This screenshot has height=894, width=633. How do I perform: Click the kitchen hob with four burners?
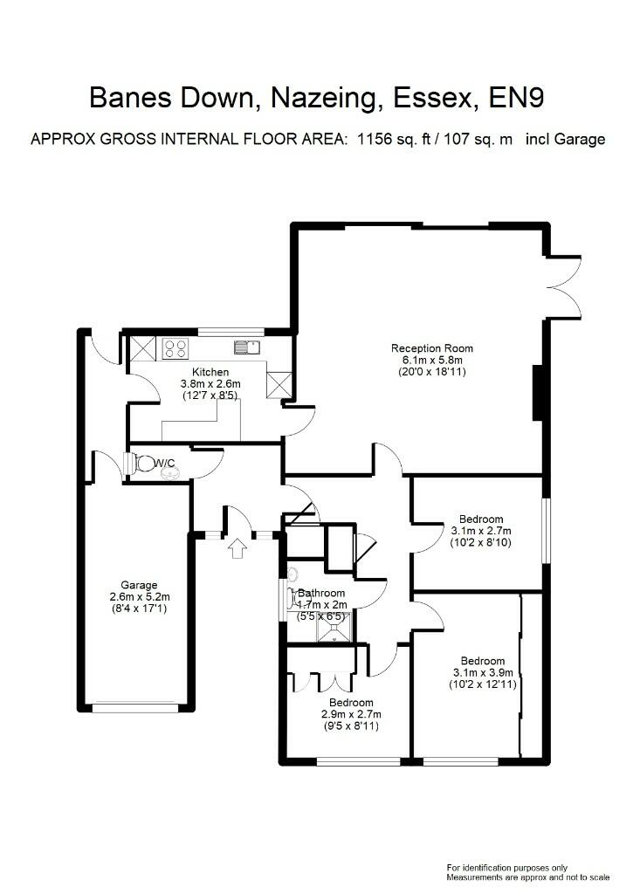[x=175, y=348]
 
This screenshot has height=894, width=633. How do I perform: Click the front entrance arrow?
[x=237, y=548]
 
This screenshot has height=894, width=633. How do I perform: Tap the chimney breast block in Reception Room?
[x=538, y=394]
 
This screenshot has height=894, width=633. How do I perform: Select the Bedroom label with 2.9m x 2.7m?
[x=351, y=703]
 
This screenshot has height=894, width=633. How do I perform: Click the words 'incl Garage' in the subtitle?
[x=565, y=140]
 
